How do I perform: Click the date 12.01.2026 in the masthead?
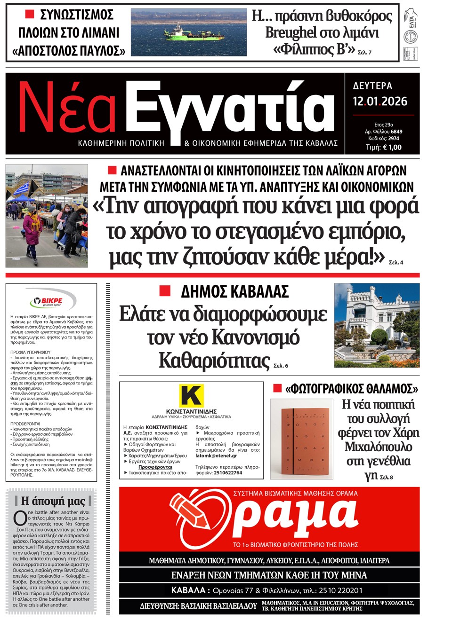(x=380, y=101)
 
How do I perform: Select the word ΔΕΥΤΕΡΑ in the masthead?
(x=372, y=86)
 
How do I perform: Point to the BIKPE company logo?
(x=51, y=301)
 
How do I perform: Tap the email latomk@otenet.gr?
(x=216, y=455)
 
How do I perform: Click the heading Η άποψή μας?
(x=53, y=501)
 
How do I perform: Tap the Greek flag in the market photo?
(x=20, y=189)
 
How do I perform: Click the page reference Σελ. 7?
(x=364, y=53)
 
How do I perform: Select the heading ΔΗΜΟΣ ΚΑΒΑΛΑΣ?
(x=234, y=292)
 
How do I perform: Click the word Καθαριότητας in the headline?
(x=214, y=361)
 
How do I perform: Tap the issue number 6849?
(x=396, y=132)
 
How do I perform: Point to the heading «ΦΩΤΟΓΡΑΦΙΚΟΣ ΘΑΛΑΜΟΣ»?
(x=351, y=389)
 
